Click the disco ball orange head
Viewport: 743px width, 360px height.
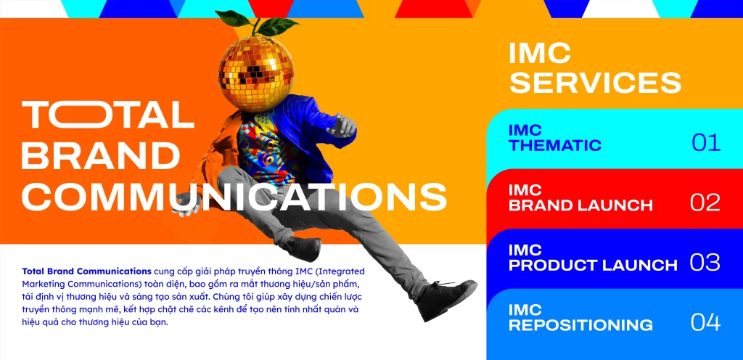(x=256, y=73)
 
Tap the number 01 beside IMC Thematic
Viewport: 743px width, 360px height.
(x=706, y=142)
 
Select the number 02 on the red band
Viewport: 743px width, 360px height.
(x=705, y=202)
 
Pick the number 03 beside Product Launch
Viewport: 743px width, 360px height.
(x=705, y=263)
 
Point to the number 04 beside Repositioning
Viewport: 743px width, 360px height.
(x=705, y=322)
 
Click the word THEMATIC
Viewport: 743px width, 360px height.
(x=555, y=145)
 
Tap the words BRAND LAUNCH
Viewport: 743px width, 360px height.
(x=580, y=205)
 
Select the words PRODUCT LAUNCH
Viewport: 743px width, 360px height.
(x=593, y=265)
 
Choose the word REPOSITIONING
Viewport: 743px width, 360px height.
(x=580, y=325)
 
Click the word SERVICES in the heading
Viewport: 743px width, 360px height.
(x=595, y=83)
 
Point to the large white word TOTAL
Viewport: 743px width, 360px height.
(x=107, y=115)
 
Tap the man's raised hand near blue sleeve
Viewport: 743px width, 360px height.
(x=342, y=125)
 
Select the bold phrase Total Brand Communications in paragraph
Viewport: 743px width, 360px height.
(x=87, y=271)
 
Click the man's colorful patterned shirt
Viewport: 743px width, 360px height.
(x=266, y=147)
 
